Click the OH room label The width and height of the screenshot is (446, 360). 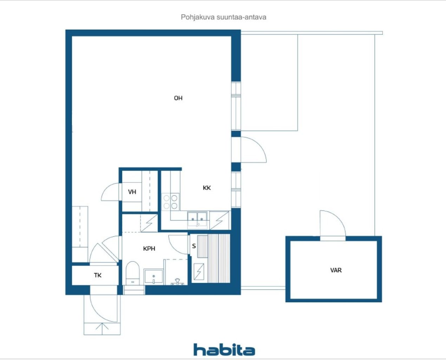(178, 98)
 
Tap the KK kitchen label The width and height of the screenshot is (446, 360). (206, 188)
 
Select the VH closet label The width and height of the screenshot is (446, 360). (132, 192)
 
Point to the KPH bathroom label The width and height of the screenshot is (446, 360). (149, 249)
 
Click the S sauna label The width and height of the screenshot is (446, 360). (194, 246)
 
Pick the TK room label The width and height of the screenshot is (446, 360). (98, 275)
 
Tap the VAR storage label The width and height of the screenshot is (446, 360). (336, 270)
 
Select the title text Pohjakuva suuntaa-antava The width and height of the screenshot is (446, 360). (223, 17)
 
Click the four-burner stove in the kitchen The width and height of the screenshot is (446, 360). (170, 202)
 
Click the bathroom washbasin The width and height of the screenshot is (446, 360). (153, 277)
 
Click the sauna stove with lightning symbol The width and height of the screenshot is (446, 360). (199, 272)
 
